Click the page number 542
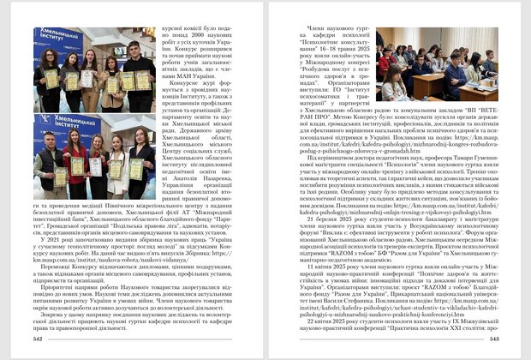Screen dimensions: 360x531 (38, 339)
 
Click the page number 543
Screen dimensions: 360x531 (492, 339)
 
